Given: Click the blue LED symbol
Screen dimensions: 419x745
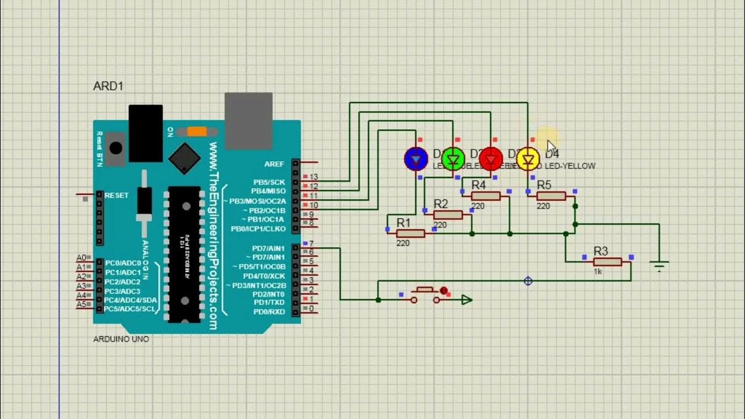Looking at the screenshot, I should (416, 158).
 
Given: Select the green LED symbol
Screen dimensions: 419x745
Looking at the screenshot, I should (453, 158).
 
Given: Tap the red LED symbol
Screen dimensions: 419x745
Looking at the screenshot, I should (491, 158).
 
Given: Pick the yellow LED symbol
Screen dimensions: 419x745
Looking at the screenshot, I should (528, 158).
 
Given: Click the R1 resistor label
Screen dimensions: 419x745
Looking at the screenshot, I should (403, 222).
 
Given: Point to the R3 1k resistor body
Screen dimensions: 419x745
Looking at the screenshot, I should (608, 262).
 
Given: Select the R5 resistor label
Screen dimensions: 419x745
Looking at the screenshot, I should (544, 185).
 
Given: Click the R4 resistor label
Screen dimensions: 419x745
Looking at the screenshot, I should (478, 185).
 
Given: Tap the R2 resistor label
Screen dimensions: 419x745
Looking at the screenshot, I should (441, 204).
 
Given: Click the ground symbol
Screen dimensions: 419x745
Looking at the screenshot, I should (659, 267).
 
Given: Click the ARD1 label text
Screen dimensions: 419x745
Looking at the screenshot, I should (108, 86).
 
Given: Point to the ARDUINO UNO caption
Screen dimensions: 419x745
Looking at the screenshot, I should (121, 339).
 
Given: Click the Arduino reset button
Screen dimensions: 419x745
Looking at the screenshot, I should (117, 148).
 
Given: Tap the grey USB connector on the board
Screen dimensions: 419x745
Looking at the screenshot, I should (249, 121).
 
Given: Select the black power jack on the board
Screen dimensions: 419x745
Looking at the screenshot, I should (145, 133).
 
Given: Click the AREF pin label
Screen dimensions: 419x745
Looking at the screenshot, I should (274, 164).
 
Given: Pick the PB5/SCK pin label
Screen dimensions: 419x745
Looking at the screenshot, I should (269, 182).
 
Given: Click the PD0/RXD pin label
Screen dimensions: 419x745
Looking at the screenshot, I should (268, 312).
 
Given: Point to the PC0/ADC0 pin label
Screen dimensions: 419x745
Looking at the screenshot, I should (123, 263).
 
